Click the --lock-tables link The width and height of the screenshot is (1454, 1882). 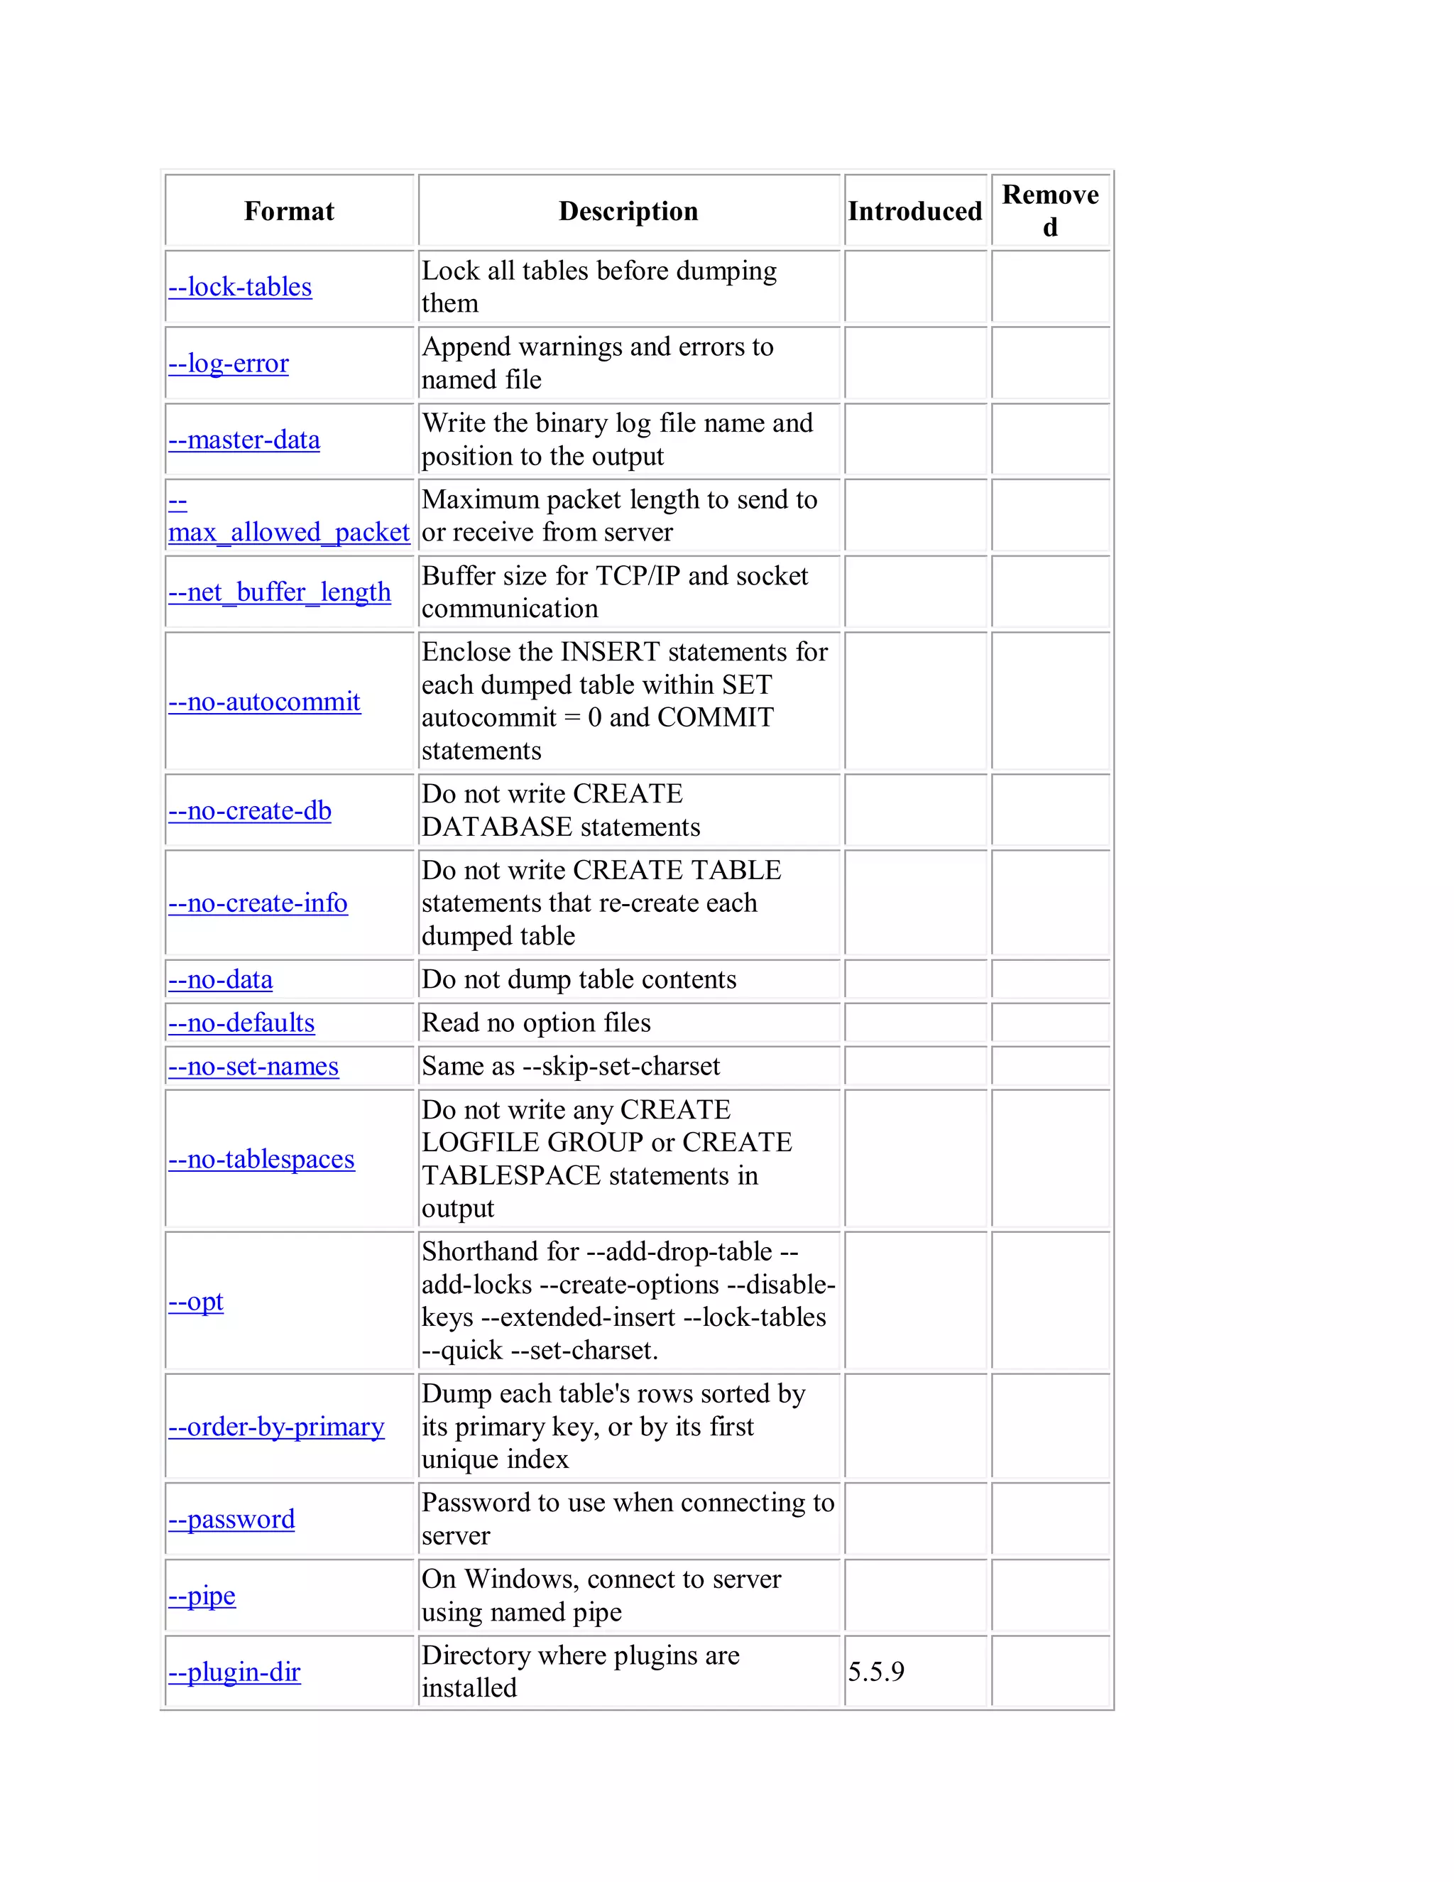[x=241, y=287]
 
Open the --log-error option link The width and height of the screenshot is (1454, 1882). [x=229, y=364]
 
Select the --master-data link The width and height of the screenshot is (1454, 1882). [x=244, y=440]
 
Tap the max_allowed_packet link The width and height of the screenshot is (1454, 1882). [x=288, y=533]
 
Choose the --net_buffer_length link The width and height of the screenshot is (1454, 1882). [x=279, y=592]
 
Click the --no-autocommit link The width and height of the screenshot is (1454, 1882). [x=263, y=702]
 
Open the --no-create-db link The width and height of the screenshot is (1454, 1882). [x=250, y=811]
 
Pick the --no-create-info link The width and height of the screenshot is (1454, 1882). [x=258, y=903]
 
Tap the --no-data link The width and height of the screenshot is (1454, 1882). [x=221, y=980]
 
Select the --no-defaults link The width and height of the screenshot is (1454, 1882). [x=241, y=1023]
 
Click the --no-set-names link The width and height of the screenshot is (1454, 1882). [x=253, y=1067]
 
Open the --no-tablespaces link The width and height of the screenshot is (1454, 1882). [x=261, y=1159]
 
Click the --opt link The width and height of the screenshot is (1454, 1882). [x=195, y=1301]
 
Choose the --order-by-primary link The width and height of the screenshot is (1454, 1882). [x=275, y=1427]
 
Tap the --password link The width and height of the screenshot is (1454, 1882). [x=231, y=1519]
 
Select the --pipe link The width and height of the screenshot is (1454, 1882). [x=202, y=1596]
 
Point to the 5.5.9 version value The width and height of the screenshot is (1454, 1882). [x=876, y=1672]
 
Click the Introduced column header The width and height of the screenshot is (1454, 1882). [x=914, y=211]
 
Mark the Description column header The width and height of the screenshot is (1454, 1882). [x=628, y=211]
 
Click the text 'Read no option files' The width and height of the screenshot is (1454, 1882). [x=536, y=1023]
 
